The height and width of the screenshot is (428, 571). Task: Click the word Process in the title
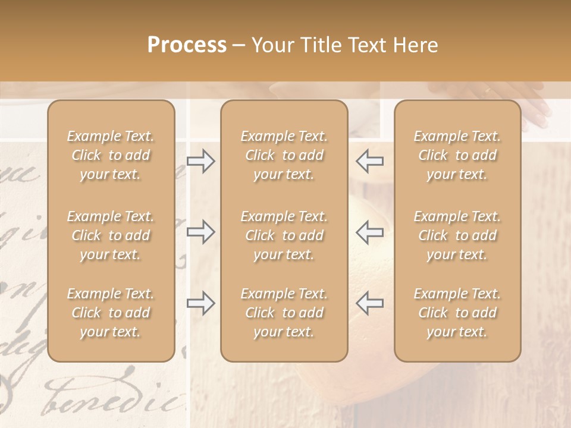(187, 45)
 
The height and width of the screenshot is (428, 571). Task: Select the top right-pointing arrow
(201, 160)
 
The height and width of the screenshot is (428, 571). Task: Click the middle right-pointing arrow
(201, 232)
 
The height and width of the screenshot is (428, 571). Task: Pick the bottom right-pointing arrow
(201, 303)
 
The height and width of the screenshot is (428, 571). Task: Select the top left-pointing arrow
(370, 160)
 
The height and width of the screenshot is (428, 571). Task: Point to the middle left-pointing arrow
(370, 232)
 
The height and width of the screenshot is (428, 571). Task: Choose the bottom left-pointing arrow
(370, 303)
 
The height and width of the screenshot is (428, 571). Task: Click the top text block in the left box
(111, 155)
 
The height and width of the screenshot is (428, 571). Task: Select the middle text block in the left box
(111, 235)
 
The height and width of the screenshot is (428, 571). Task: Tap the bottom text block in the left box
(111, 313)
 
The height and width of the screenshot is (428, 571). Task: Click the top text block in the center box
(284, 155)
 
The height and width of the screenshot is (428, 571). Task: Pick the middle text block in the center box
(284, 235)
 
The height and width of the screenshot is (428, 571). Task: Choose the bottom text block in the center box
(284, 313)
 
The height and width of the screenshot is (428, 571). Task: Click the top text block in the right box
(457, 155)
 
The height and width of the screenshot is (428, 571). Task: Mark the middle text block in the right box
(457, 235)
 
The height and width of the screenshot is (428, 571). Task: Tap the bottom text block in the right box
(457, 313)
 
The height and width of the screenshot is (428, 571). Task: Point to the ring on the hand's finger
(488, 91)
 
